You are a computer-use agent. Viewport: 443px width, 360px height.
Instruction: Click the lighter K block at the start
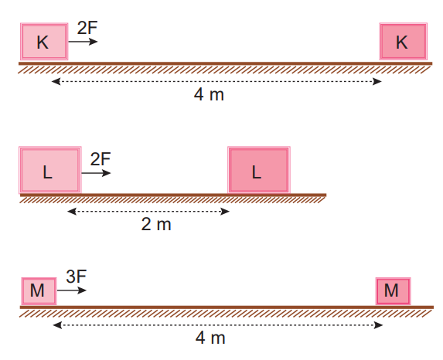(x=44, y=42)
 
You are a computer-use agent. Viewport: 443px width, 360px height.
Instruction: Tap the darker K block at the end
(x=403, y=42)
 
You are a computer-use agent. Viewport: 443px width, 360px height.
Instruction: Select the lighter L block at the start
(x=50, y=170)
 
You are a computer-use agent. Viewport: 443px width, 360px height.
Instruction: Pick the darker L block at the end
(x=259, y=170)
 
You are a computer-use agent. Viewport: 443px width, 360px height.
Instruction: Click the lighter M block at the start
(x=39, y=291)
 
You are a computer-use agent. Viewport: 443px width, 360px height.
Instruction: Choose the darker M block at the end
(x=393, y=291)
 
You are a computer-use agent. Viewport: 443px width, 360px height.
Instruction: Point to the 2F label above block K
(x=87, y=28)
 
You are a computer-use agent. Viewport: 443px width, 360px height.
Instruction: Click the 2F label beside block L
(x=101, y=159)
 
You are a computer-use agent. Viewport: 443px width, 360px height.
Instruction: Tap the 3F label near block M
(x=77, y=277)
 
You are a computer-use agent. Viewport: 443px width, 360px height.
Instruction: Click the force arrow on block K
(x=83, y=42)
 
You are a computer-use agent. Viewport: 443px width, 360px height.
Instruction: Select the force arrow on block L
(x=96, y=173)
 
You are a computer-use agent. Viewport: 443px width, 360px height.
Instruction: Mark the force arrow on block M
(x=72, y=290)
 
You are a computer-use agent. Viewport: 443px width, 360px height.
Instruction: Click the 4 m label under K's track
(x=209, y=94)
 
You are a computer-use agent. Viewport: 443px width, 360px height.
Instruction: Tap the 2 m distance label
(x=156, y=224)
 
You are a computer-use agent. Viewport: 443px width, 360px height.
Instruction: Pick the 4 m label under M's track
(x=210, y=338)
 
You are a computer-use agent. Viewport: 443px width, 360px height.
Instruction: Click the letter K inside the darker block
(x=402, y=42)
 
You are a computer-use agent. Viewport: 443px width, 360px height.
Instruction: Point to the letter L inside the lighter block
(x=47, y=172)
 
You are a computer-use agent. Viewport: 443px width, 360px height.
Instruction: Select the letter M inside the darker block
(x=391, y=290)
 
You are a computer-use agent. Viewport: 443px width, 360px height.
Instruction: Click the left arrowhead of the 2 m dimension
(x=72, y=211)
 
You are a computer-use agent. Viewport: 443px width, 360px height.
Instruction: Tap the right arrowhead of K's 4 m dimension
(x=377, y=82)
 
